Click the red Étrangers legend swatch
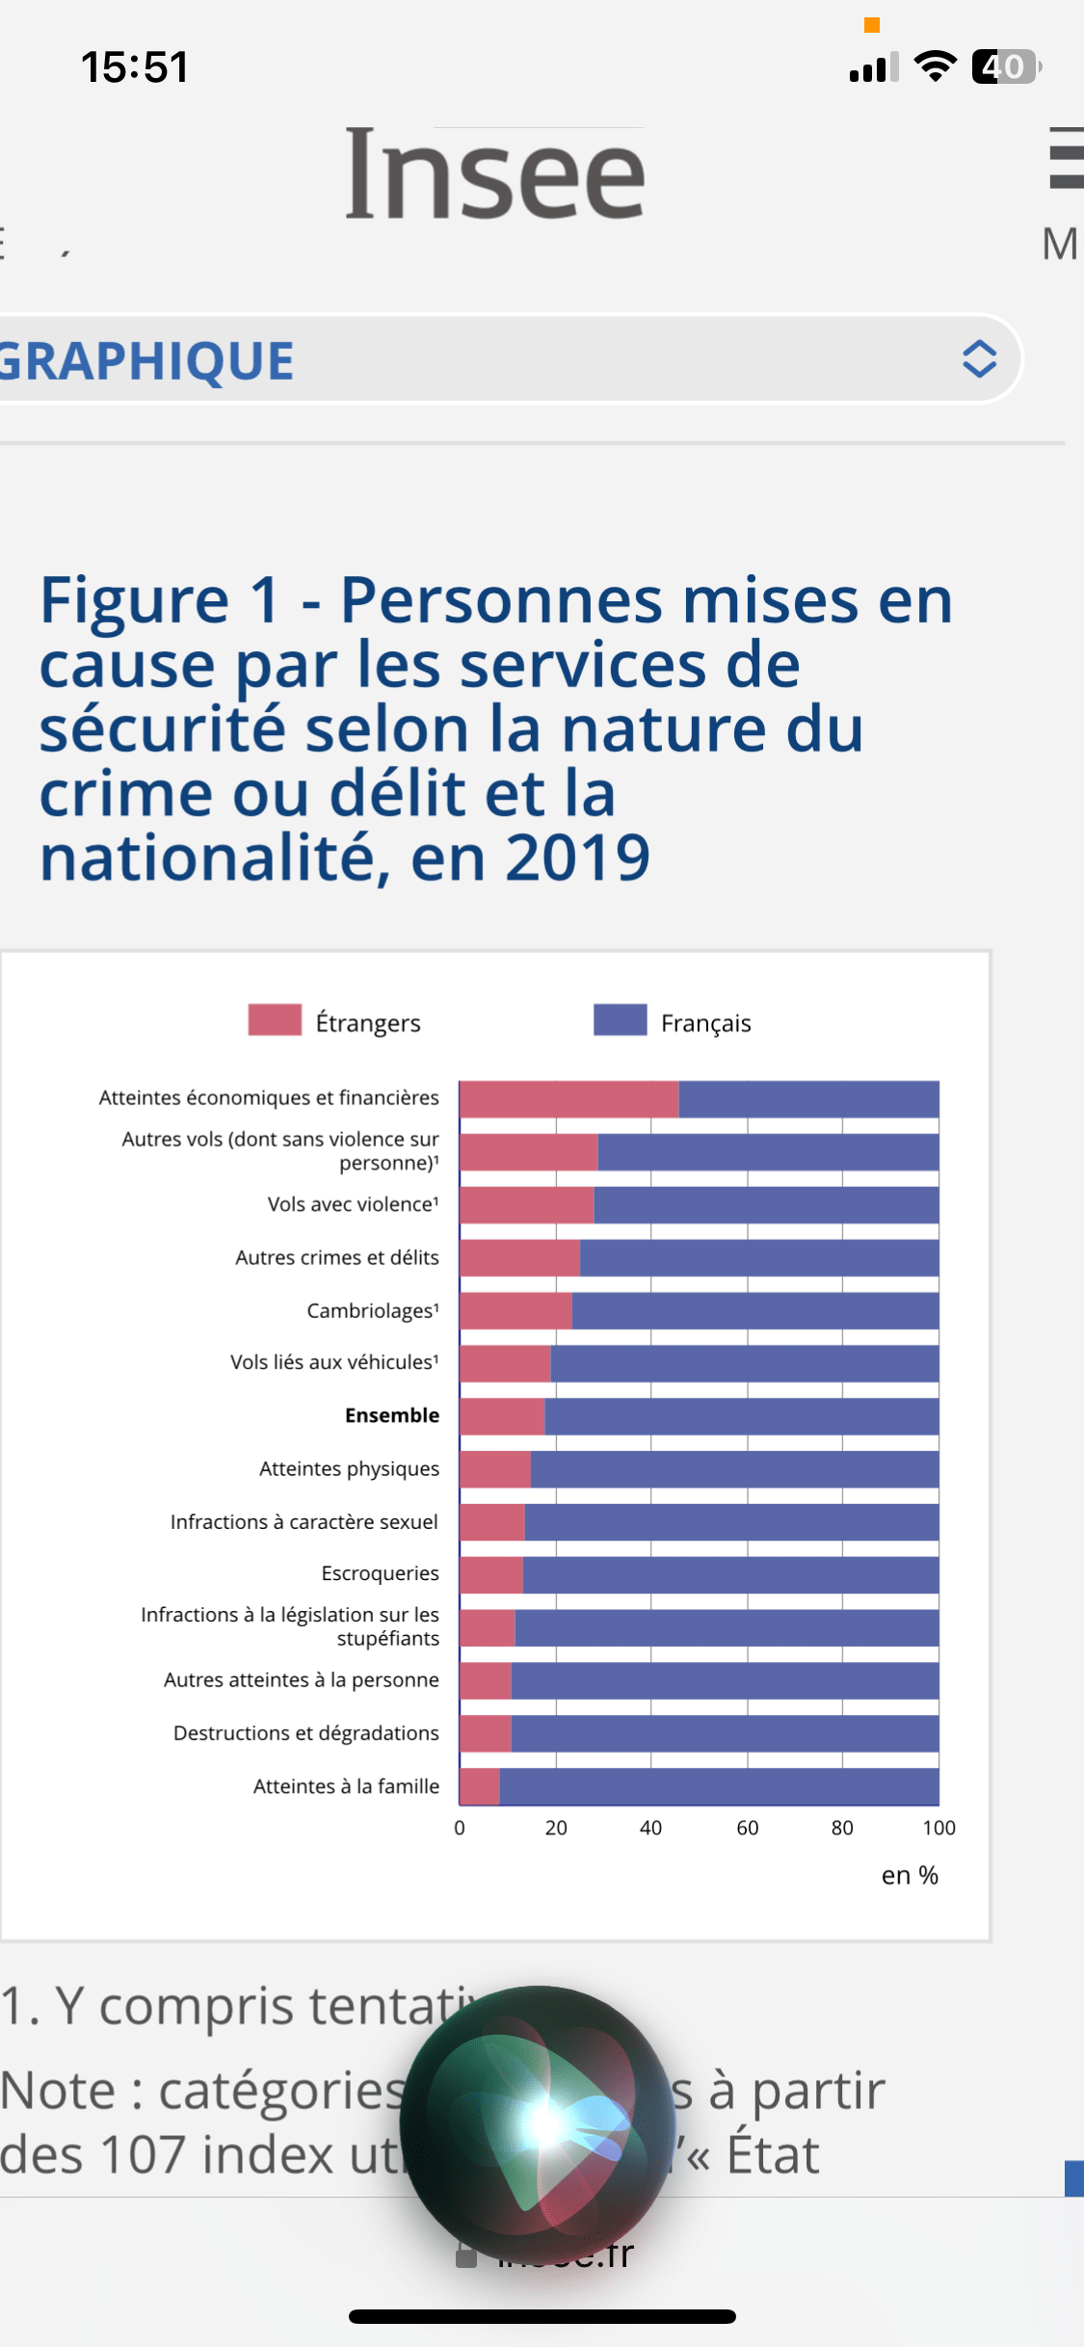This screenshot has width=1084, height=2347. tap(275, 1020)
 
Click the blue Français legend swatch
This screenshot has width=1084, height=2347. tap(620, 1020)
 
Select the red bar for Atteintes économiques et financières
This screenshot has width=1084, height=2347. tap(569, 1099)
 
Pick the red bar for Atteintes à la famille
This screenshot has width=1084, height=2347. tap(480, 1787)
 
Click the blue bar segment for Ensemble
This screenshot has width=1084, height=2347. tap(742, 1416)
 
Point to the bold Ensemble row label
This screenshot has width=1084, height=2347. tap(392, 1415)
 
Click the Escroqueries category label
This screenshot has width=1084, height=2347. tap(380, 1573)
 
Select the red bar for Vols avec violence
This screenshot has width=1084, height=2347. tap(527, 1205)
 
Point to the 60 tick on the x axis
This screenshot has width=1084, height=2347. tap(748, 1828)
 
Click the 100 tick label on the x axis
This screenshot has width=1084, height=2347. tap(939, 1828)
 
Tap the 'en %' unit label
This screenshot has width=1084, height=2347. tap(910, 1876)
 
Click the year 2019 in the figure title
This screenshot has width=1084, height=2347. tap(577, 857)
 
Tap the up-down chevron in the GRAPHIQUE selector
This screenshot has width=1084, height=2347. tap(979, 359)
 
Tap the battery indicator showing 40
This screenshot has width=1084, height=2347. tap(1006, 66)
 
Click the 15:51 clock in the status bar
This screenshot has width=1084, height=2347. tap(135, 67)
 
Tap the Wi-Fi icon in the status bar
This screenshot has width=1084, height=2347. tap(935, 66)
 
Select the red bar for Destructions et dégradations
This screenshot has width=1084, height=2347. tap(486, 1734)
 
